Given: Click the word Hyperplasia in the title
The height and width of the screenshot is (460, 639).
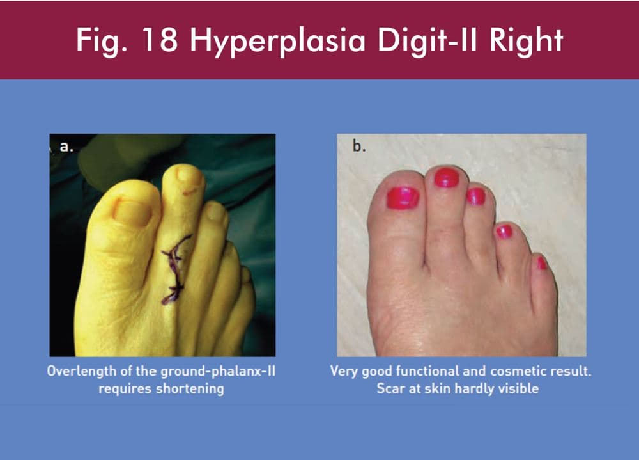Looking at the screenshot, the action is pyautogui.click(x=277, y=41).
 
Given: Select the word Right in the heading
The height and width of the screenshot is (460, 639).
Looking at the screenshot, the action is pyautogui.click(x=526, y=41).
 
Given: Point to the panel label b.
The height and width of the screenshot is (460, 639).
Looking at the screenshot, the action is pyautogui.click(x=358, y=145).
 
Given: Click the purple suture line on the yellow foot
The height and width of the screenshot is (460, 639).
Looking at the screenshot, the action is pyautogui.click(x=175, y=269).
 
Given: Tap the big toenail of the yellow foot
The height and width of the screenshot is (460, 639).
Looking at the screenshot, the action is pyautogui.click(x=132, y=212).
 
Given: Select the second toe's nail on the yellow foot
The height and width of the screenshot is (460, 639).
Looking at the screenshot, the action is pyautogui.click(x=189, y=175).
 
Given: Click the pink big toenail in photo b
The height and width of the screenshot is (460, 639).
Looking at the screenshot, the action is pyautogui.click(x=403, y=198).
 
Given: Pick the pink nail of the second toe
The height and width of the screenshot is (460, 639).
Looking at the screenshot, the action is pyautogui.click(x=446, y=177).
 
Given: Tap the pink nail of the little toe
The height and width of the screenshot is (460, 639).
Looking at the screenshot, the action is pyautogui.click(x=542, y=262).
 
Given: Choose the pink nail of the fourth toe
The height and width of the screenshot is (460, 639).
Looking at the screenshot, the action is pyautogui.click(x=504, y=232).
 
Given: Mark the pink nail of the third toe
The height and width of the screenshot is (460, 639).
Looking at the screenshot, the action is pyautogui.click(x=475, y=196).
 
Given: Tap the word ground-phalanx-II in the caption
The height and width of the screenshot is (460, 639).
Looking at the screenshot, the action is pyautogui.click(x=218, y=372).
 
